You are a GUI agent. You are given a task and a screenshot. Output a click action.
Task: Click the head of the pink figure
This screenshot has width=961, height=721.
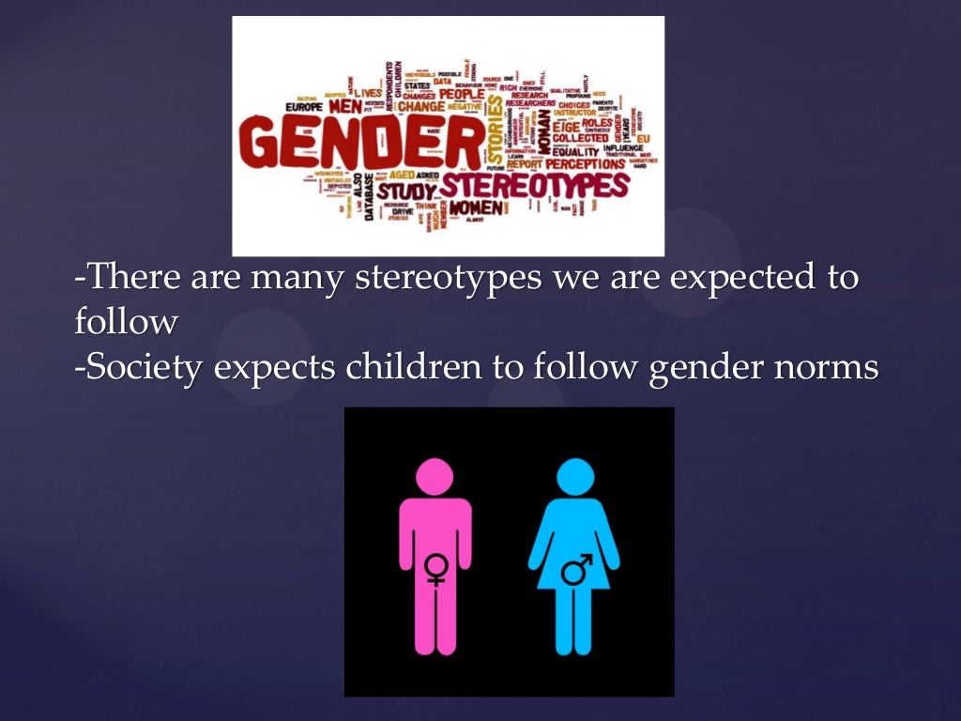click(435, 476)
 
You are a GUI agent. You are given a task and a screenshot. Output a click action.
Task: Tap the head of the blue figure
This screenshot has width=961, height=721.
click(574, 477)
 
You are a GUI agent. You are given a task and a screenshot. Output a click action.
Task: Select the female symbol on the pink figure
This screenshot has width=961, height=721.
click(435, 568)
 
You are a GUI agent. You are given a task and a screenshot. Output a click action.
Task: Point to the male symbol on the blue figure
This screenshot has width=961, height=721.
click(576, 568)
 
